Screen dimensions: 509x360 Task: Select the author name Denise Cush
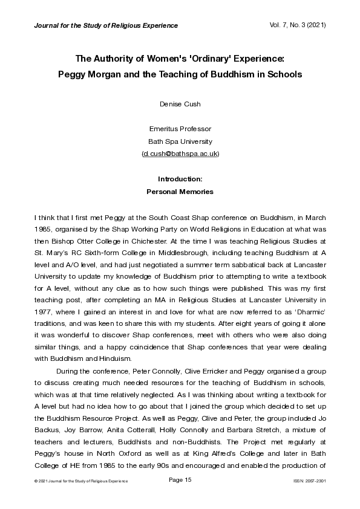tap(180, 104)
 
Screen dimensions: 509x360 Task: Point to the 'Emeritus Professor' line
tap(180, 129)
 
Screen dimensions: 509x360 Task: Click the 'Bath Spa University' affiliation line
tap(180, 141)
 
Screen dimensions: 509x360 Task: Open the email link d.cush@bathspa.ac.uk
tap(180, 154)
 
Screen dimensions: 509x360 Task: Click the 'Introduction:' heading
tap(180, 179)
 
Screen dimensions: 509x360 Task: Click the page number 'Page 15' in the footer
tap(180, 479)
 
